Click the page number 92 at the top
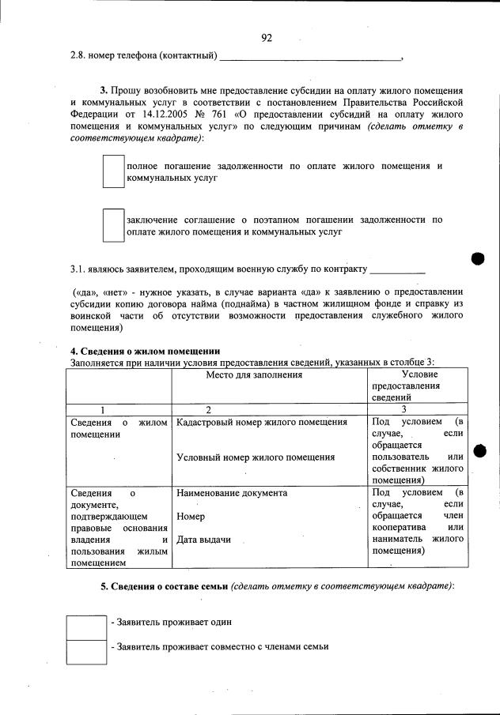pyautogui.click(x=267, y=37)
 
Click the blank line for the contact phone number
pyautogui.click(x=310, y=58)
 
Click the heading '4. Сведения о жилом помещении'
pyautogui.click(x=145, y=351)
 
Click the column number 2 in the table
pyautogui.click(x=207, y=409)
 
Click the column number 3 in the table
pyautogui.click(x=403, y=409)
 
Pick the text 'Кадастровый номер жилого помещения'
pyautogui.click(x=262, y=423)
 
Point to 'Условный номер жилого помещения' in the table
pyautogui.click(x=256, y=457)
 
